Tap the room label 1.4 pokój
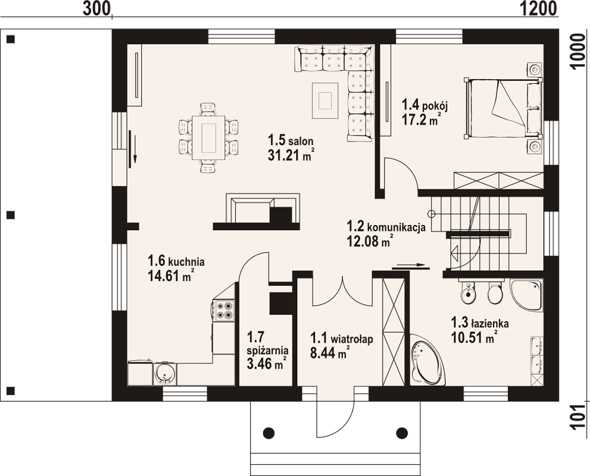[425, 105]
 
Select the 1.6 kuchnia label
[176, 261]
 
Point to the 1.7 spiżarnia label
[267, 343]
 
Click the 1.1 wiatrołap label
[342, 339]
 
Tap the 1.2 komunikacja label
[386, 227]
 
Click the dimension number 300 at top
[96, 9]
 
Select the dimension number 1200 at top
[539, 9]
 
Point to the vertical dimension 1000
[579, 51]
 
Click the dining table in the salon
[208, 138]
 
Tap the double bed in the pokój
[504, 108]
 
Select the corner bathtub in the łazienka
[427, 359]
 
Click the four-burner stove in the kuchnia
[223, 310]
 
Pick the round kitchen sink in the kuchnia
[164, 373]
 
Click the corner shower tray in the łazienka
[527, 295]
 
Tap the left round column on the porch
[269, 433]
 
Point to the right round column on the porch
[402, 433]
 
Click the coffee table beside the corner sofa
[324, 101]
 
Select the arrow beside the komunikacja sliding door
[411, 265]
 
